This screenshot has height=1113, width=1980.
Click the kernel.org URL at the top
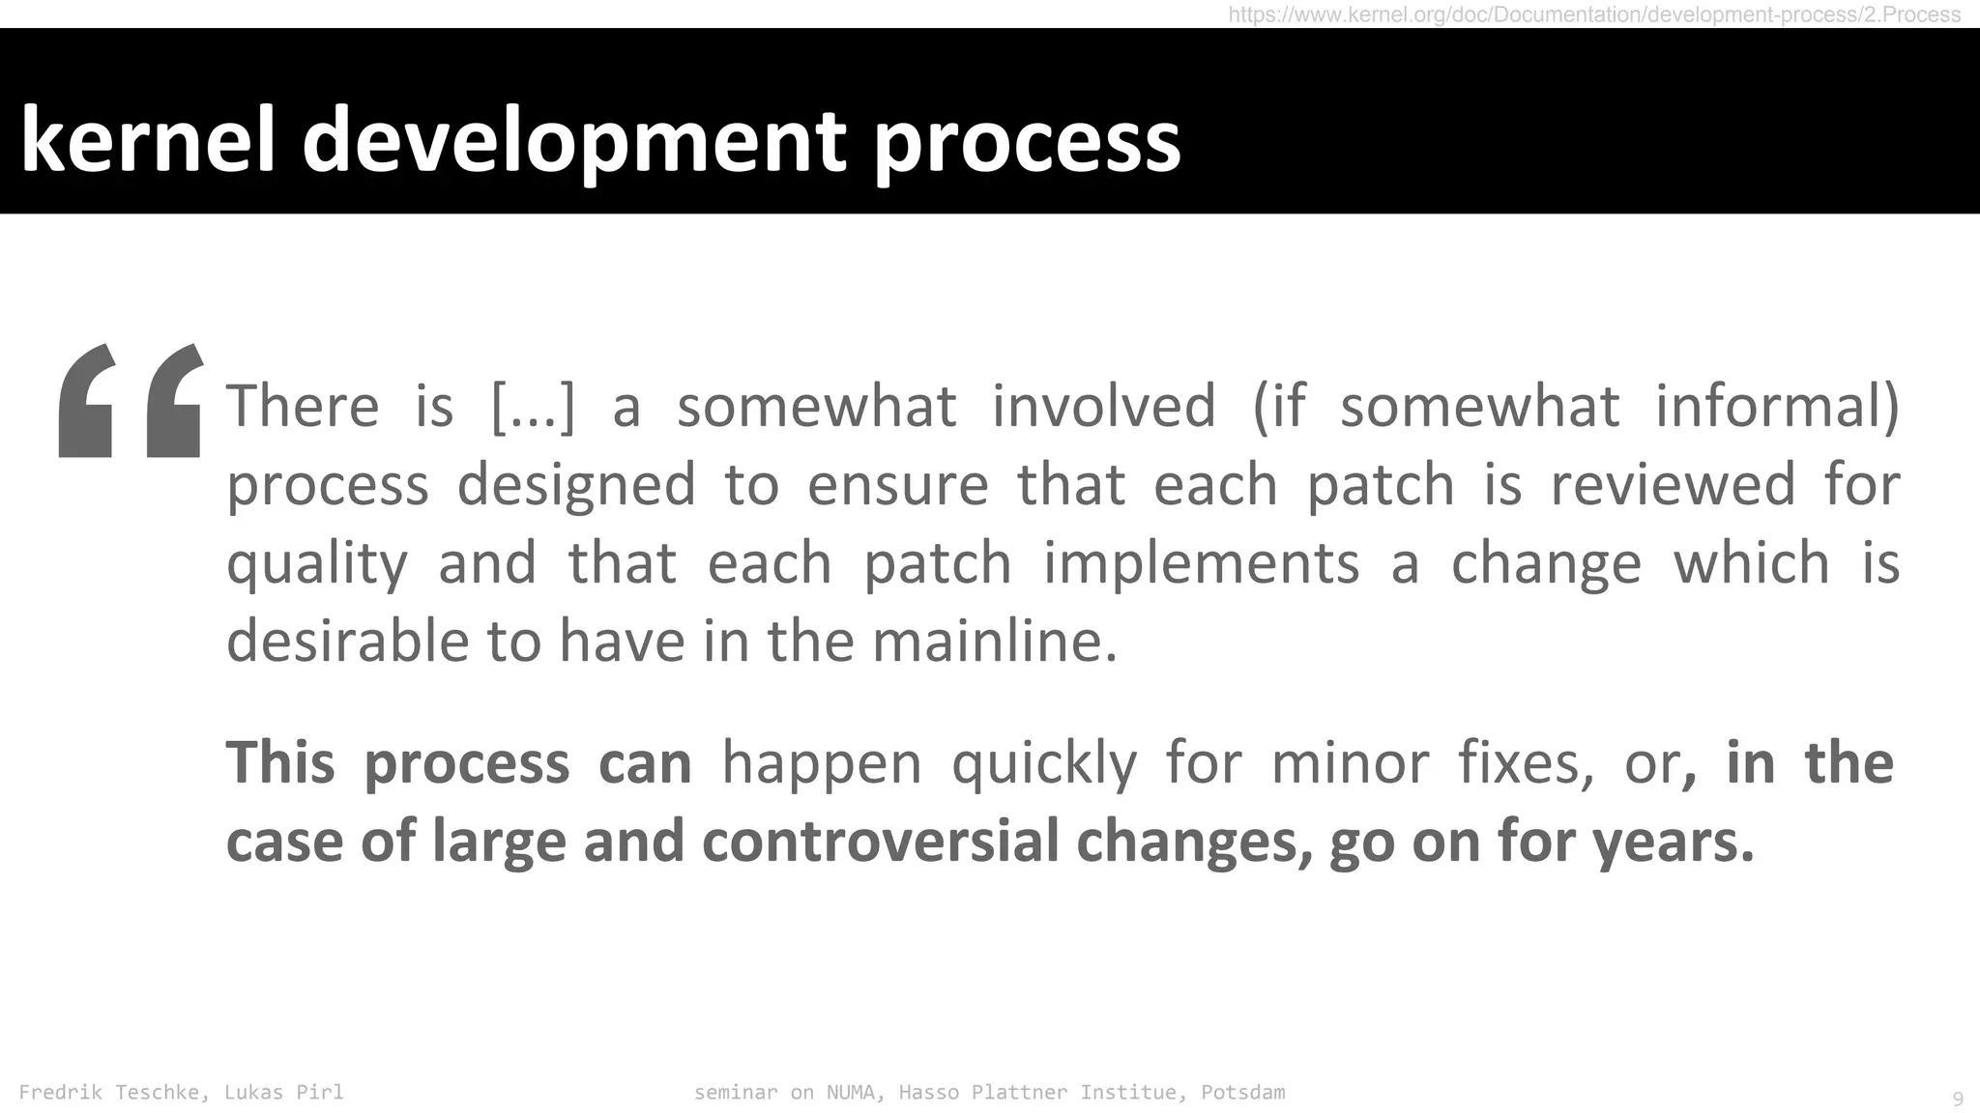pyautogui.click(x=1594, y=14)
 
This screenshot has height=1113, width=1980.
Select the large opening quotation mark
pyautogui.click(x=131, y=400)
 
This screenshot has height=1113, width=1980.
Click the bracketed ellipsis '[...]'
pyautogui.click(x=533, y=406)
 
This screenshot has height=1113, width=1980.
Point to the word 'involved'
pyautogui.click(x=1103, y=406)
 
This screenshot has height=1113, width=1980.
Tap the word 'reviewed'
pyautogui.click(x=1673, y=484)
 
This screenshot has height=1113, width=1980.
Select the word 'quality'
pyautogui.click(x=317, y=564)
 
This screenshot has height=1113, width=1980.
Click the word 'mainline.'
pyautogui.click(x=995, y=642)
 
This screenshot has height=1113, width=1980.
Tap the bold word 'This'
pyautogui.click(x=280, y=762)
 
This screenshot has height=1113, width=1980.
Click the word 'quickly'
pyautogui.click(x=1044, y=764)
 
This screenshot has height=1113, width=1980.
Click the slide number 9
pyautogui.click(x=1958, y=1099)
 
